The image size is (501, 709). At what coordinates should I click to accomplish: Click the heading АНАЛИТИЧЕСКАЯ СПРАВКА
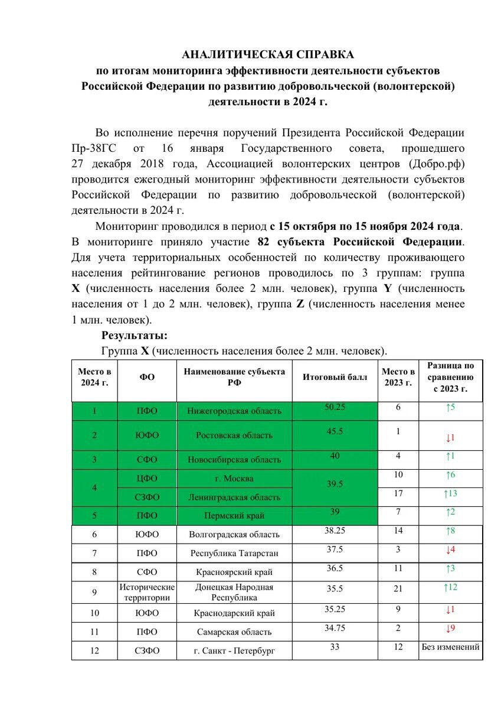click(268, 54)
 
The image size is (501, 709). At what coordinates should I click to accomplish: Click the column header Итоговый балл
click(335, 377)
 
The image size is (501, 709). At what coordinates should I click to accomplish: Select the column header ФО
click(147, 377)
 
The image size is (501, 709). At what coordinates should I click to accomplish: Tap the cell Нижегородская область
click(234, 411)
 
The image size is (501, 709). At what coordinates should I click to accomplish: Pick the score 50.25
click(335, 408)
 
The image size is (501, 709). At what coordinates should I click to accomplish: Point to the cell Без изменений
click(450, 647)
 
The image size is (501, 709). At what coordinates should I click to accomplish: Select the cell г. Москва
click(234, 478)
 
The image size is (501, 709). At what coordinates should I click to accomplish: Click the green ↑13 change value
click(450, 493)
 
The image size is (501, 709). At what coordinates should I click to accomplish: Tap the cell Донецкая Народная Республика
click(234, 592)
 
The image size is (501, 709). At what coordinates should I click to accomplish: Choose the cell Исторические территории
click(147, 592)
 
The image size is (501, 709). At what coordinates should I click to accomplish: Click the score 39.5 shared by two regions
click(335, 483)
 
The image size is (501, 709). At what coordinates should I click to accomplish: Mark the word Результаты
click(135, 335)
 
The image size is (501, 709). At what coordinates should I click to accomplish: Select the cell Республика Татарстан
click(234, 553)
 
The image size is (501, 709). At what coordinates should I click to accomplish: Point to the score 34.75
click(335, 627)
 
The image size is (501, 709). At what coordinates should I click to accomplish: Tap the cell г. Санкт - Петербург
click(234, 651)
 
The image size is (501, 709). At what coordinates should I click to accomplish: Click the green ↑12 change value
click(450, 587)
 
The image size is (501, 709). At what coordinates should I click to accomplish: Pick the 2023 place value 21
click(398, 588)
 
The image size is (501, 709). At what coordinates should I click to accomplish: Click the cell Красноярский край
click(234, 572)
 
